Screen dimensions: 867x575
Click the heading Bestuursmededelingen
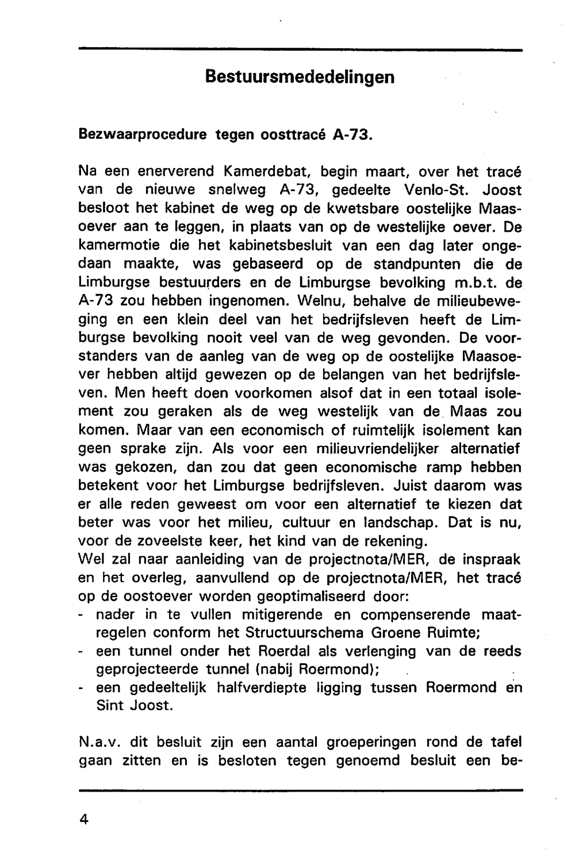(x=300, y=77)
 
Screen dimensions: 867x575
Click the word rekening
(x=397, y=541)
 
